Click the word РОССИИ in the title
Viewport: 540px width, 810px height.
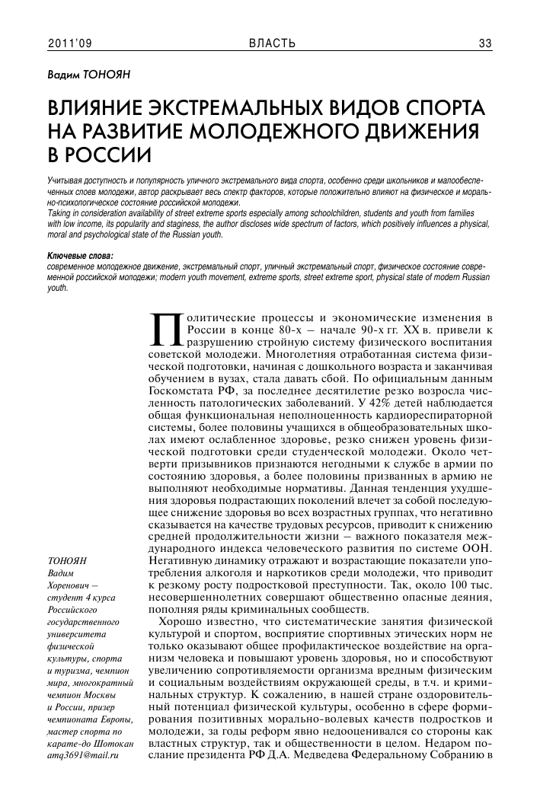pyautogui.click(x=106, y=156)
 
